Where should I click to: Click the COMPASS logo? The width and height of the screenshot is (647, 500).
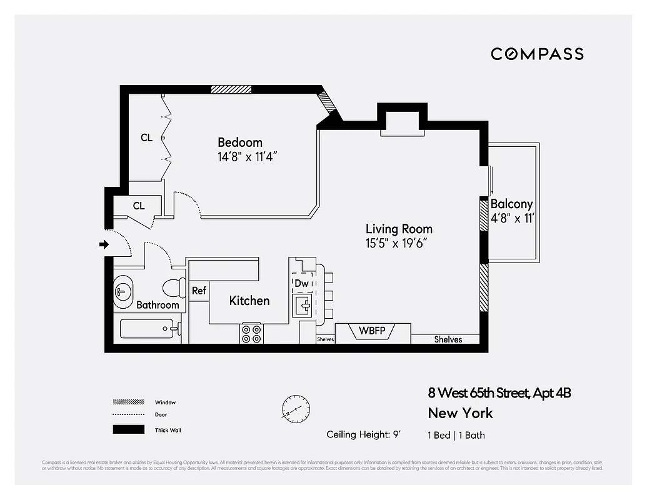[537, 54]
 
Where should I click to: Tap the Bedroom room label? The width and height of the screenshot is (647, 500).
[240, 142]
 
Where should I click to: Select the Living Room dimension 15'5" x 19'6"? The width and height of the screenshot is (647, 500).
[398, 244]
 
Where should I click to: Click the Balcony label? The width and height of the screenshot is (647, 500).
[511, 204]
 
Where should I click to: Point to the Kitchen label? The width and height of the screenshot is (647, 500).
[249, 301]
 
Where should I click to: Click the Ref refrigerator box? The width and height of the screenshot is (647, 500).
[199, 291]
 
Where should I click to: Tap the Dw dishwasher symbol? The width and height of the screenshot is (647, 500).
[302, 283]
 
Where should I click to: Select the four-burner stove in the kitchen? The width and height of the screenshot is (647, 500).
[251, 333]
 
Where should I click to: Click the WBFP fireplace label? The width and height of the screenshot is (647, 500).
[372, 331]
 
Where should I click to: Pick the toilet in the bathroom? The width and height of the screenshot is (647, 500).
[173, 288]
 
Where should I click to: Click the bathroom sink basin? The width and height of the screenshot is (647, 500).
[124, 291]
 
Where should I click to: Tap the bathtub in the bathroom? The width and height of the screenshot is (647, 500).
[147, 328]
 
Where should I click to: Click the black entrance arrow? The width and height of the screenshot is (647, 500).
[104, 245]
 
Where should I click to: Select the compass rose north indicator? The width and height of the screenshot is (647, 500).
[294, 407]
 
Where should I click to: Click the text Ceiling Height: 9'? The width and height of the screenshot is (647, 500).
[363, 434]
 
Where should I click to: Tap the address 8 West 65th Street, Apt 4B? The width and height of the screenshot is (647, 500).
[499, 393]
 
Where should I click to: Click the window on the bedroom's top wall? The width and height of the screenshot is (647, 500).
[231, 89]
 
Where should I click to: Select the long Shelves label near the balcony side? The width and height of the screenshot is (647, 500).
[448, 339]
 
